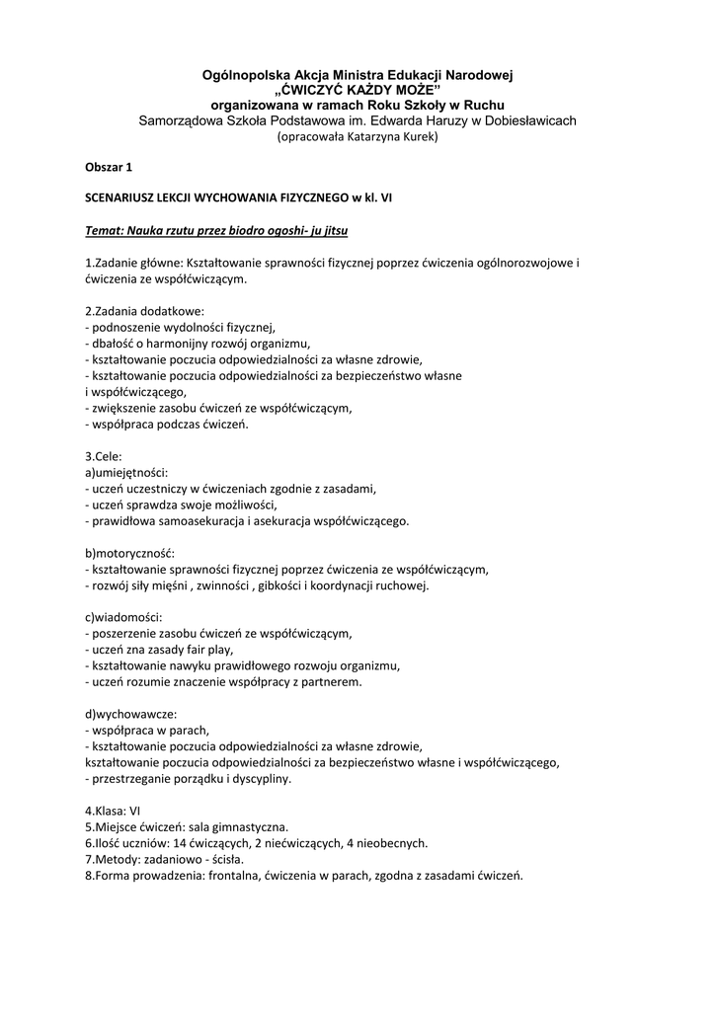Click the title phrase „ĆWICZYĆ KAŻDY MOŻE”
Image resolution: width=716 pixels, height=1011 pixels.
pos(358,90)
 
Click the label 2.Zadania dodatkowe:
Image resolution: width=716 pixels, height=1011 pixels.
pos(144,310)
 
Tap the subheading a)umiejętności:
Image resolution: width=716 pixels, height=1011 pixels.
pos(126,472)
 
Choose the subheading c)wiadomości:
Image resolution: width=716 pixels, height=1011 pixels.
pos(121,617)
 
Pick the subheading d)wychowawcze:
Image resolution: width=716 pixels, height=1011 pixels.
pos(128,714)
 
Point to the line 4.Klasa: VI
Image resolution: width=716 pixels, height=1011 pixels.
pos(114,811)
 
